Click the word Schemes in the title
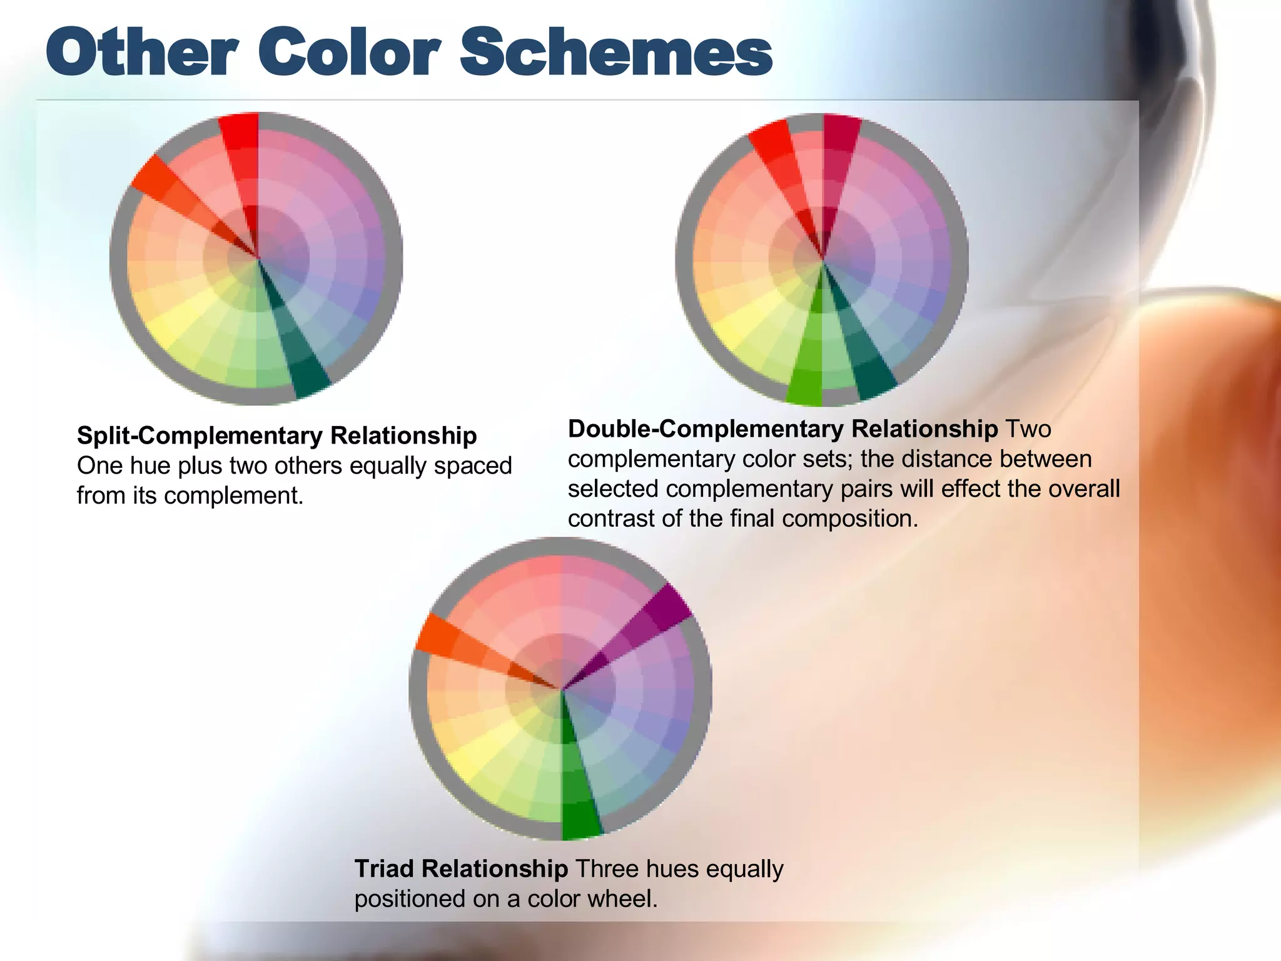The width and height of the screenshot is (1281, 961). [616, 53]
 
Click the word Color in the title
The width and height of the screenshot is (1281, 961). [350, 53]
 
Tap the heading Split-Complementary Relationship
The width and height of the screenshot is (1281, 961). [276, 435]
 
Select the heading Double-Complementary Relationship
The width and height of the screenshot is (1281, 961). [782, 429]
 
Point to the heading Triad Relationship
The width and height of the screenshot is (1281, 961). [461, 869]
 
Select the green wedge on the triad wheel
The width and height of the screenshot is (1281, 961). [579, 801]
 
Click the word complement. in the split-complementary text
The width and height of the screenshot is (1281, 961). [233, 496]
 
